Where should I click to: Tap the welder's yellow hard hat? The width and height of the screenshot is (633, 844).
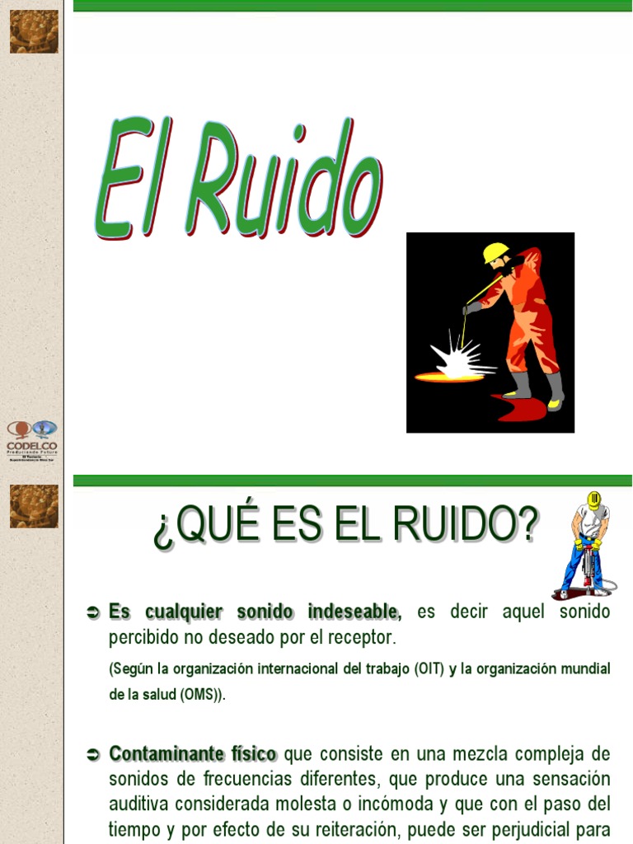495,252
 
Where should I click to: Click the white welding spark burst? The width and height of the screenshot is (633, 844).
457,359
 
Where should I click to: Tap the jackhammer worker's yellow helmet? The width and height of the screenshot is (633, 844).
593,499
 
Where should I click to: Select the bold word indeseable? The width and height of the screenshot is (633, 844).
354,612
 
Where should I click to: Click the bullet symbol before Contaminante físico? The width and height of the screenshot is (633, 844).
93,754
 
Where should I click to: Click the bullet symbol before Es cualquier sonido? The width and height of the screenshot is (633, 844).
93,612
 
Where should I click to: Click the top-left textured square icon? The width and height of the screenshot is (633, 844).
34,31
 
